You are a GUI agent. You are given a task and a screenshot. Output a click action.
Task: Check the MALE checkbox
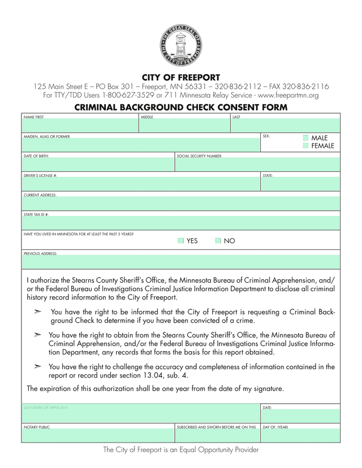[x=305, y=138]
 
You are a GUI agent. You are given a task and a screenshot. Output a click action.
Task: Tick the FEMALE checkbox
[x=305, y=146]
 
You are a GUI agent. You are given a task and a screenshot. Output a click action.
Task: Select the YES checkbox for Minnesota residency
[x=180, y=241]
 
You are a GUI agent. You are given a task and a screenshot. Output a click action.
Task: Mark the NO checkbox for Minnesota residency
[x=218, y=241]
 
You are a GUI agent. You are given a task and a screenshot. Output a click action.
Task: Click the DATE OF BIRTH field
[x=97, y=164]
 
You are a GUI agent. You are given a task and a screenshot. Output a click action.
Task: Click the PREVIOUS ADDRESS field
[x=181, y=262]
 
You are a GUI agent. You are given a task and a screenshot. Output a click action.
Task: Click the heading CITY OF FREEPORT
[x=181, y=77]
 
